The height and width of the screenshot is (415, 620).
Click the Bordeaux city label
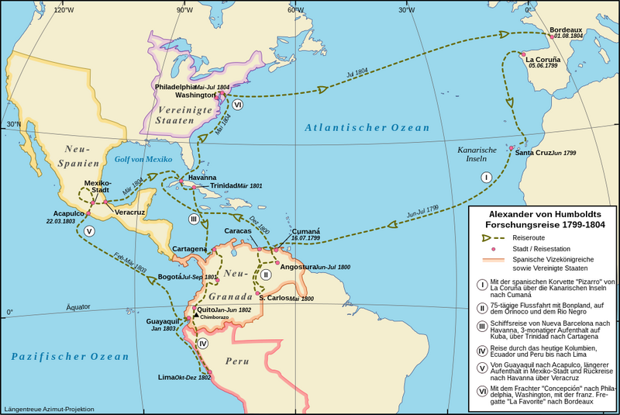tap(565, 29)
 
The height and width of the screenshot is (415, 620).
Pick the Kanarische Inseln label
tap(477, 154)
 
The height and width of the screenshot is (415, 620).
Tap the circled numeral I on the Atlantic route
tap(486, 177)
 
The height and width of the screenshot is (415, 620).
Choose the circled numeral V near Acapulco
tap(89, 230)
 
